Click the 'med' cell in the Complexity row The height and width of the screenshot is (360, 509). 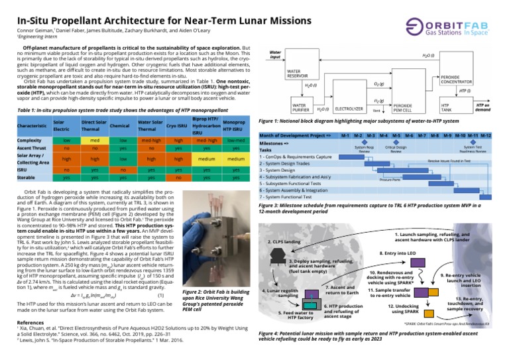click(94, 141)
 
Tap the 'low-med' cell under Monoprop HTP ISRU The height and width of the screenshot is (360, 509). click(236, 141)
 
